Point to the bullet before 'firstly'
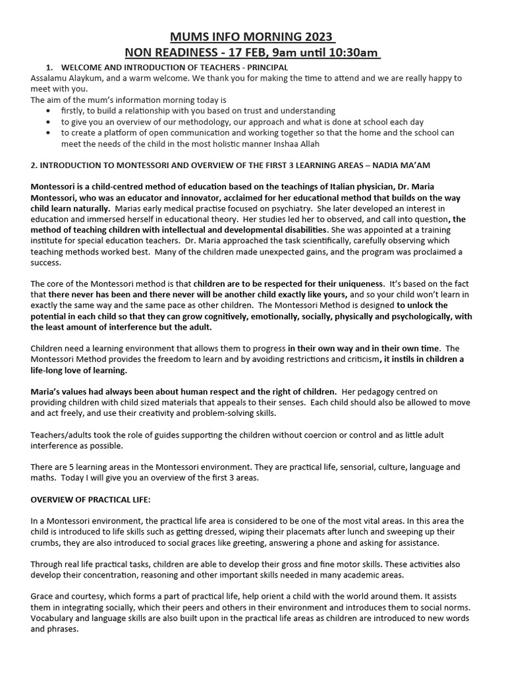(51, 111)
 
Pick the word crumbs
(47, 543)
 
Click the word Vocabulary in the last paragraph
(54, 618)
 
